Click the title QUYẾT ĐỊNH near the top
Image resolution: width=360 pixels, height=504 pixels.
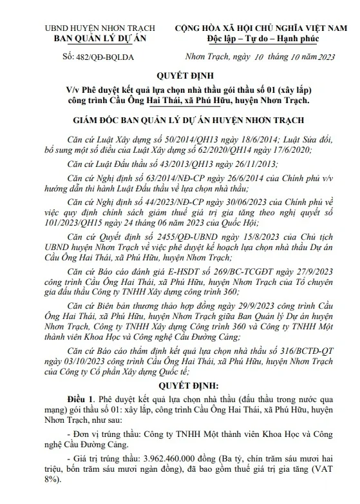(180, 76)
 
